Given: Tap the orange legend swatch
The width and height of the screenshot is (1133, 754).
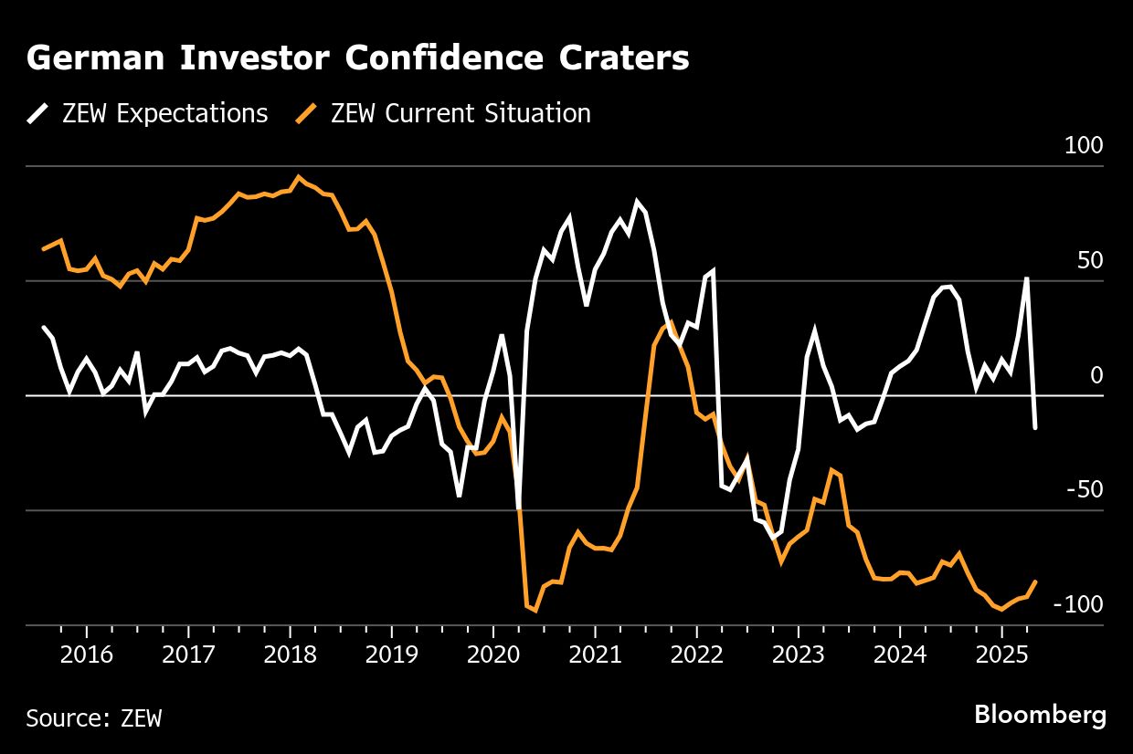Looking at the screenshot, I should pyautogui.click(x=308, y=114).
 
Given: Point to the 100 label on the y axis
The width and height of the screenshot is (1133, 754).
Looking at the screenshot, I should pyautogui.click(x=1084, y=146).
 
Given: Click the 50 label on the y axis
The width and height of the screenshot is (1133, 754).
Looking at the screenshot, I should pyautogui.click(x=1091, y=261).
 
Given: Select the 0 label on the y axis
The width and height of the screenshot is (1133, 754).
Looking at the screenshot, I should pyautogui.click(x=1097, y=375).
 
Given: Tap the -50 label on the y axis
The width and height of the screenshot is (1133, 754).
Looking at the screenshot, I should pyautogui.click(x=1086, y=490).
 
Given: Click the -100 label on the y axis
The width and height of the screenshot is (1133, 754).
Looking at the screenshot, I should pyautogui.click(x=1079, y=604).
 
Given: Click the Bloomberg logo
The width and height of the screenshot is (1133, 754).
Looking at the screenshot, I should pyautogui.click(x=1040, y=715).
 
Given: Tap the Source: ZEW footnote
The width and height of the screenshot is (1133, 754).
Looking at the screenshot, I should pyautogui.click(x=94, y=718).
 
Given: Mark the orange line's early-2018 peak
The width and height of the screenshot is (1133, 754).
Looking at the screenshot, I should pyautogui.click(x=299, y=177).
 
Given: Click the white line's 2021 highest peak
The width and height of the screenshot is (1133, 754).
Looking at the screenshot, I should pyautogui.click(x=637, y=202).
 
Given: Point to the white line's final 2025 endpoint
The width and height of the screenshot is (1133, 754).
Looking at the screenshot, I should pyautogui.click(x=1035, y=427).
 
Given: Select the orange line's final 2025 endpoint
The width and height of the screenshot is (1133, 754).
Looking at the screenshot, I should pyautogui.click(x=1035, y=581).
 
